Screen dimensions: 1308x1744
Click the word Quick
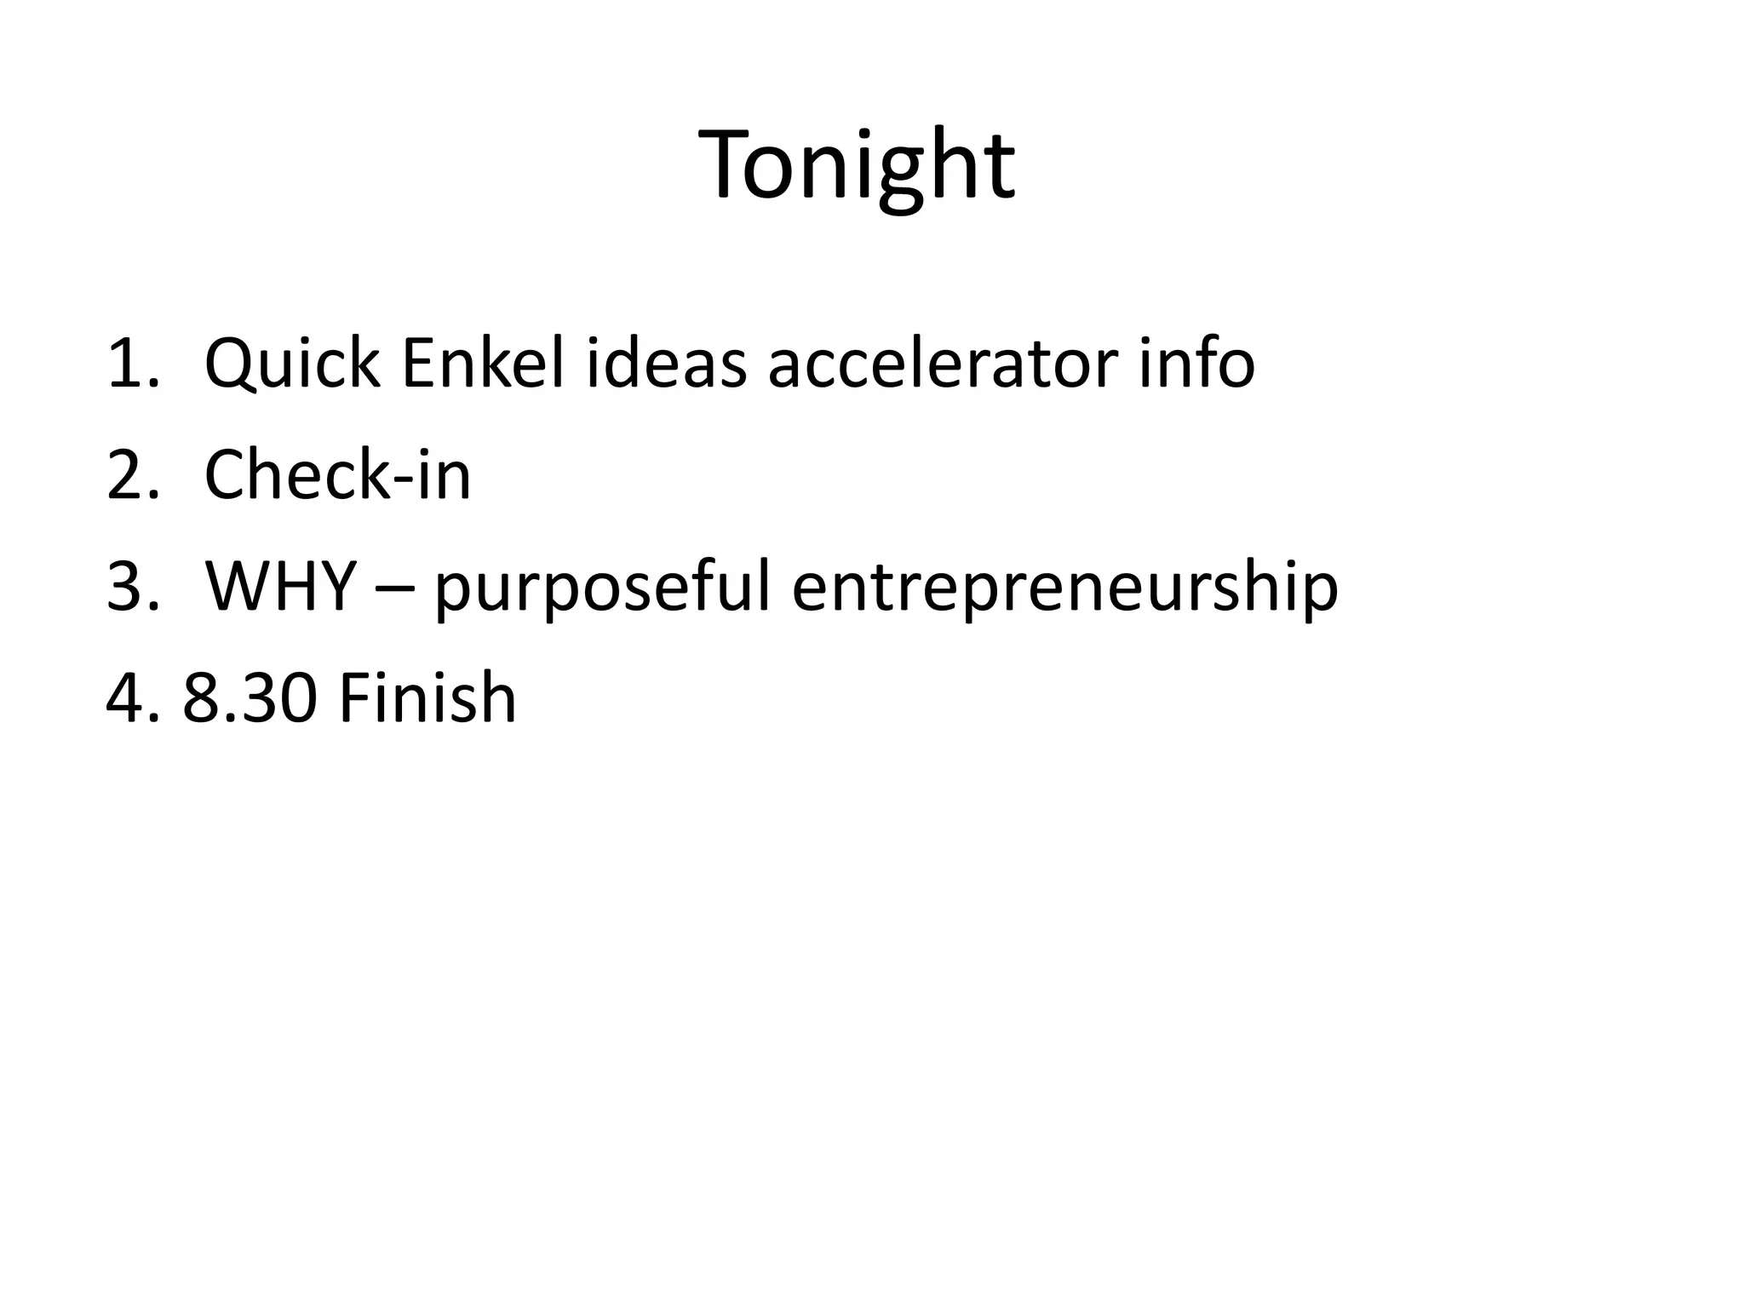292,364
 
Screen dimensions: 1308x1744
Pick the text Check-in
337,475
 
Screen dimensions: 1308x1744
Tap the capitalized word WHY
280,587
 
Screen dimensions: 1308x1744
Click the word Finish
427,698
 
